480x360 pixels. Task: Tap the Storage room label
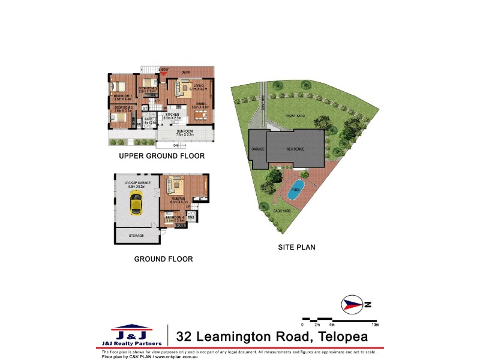click(136, 236)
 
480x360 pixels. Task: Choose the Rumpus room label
click(178, 199)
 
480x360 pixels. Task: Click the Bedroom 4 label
click(174, 217)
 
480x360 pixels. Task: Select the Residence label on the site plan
click(295, 149)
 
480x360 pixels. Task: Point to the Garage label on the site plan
click(257, 149)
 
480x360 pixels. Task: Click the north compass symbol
click(351, 305)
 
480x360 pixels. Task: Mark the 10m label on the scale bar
click(376, 325)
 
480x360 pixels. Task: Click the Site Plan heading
click(296, 247)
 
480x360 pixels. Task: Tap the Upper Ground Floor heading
click(161, 156)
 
